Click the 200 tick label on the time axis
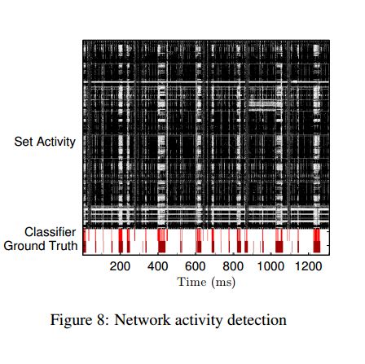click(120, 266)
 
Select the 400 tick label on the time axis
click(157, 266)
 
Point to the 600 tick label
click(195, 266)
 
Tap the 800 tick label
click(233, 266)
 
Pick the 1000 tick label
click(270, 266)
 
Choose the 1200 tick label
click(308, 266)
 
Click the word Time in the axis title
click(191, 282)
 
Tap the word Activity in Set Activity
click(56, 143)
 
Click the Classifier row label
click(51, 232)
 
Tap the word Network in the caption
click(143, 320)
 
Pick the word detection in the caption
click(257, 320)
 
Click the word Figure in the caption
click(71, 320)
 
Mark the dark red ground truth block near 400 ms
click(161, 247)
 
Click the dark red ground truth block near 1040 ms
click(279, 247)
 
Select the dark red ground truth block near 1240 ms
click(317, 247)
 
